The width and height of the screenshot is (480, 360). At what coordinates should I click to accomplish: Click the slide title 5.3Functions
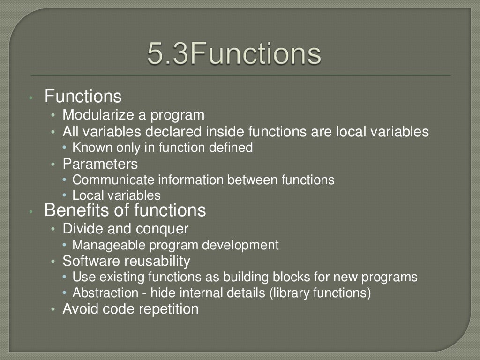[x=234, y=54]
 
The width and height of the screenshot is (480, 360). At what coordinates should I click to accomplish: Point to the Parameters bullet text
[x=100, y=164]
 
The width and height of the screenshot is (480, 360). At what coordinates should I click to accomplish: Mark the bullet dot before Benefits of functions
[x=30, y=212]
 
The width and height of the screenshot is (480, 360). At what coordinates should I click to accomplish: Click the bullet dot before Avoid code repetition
[x=54, y=310]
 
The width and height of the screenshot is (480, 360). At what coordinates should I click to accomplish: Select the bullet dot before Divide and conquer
[x=54, y=229]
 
